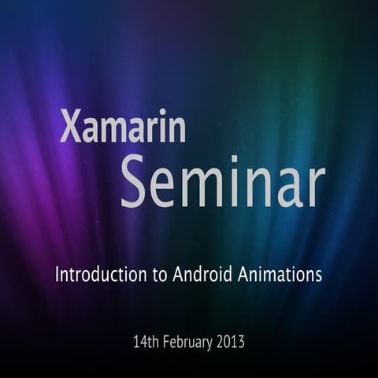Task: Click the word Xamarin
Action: (123, 126)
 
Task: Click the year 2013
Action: (231, 343)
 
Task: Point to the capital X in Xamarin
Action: (69, 126)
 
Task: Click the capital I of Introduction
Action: (57, 275)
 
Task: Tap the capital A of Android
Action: (177, 275)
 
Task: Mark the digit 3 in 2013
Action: (242, 343)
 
